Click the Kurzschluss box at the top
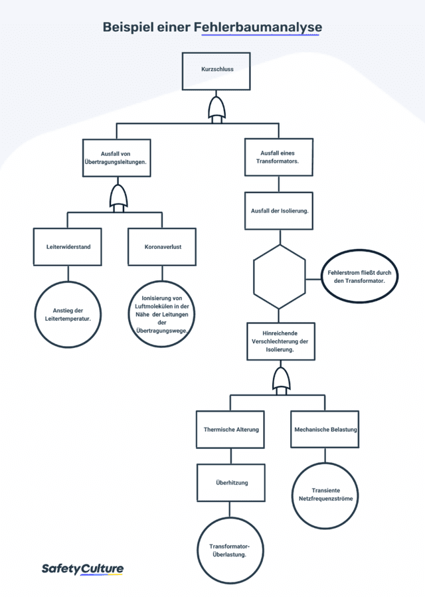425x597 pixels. tap(216, 71)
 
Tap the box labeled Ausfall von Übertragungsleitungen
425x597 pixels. tap(116, 157)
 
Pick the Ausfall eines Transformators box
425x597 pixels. tap(279, 157)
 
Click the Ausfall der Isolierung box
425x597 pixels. tap(279, 211)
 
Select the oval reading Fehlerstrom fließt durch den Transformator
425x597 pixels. tap(359, 276)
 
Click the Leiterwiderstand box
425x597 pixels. tap(68, 247)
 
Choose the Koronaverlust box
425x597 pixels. tap(162, 247)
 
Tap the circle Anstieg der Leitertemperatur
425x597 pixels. tap(68, 315)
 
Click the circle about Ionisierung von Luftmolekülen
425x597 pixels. tap(162, 314)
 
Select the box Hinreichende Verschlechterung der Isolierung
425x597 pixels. tap(281, 341)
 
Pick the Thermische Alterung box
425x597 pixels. tap(230, 429)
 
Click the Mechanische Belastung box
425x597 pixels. tap(325, 429)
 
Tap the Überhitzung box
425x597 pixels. tap(231, 482)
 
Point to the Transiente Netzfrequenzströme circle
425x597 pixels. tap(325, 495)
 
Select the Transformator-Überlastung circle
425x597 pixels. tap(230, 551)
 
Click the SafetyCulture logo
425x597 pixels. tap(82, 569)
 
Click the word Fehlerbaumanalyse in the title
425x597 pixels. tap(258, 27)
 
